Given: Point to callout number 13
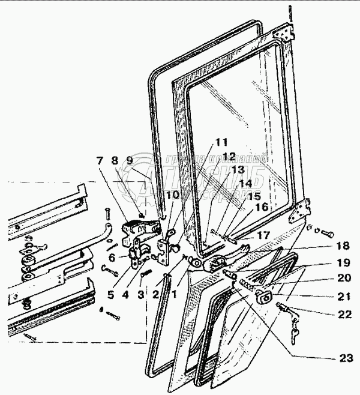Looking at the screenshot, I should coord(230,170).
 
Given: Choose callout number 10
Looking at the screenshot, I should coord(172,194).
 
